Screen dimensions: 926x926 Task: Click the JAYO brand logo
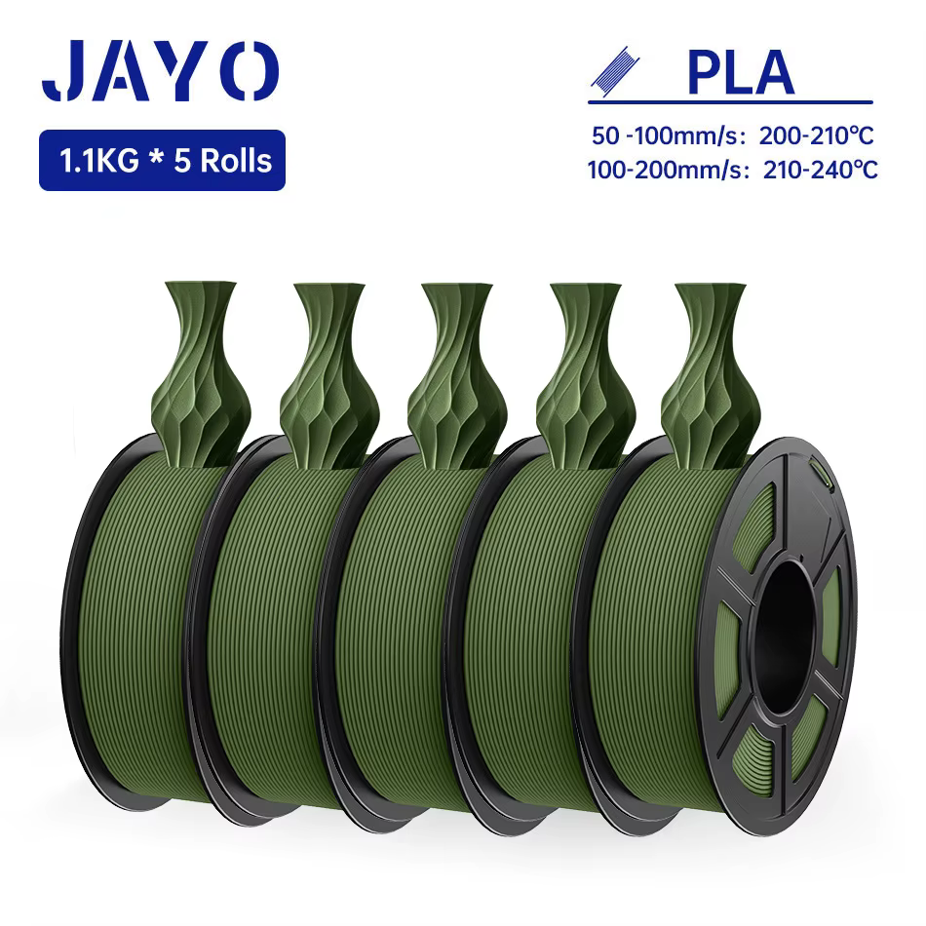click(x=160, y=71)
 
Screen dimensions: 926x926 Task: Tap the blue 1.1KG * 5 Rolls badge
click(x=162, y=160)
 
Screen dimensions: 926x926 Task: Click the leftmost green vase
click(x=201, y=371)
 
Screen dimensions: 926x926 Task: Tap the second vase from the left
click(x=328, y=371)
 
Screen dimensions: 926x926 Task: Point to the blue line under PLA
click(x=730, y=100)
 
